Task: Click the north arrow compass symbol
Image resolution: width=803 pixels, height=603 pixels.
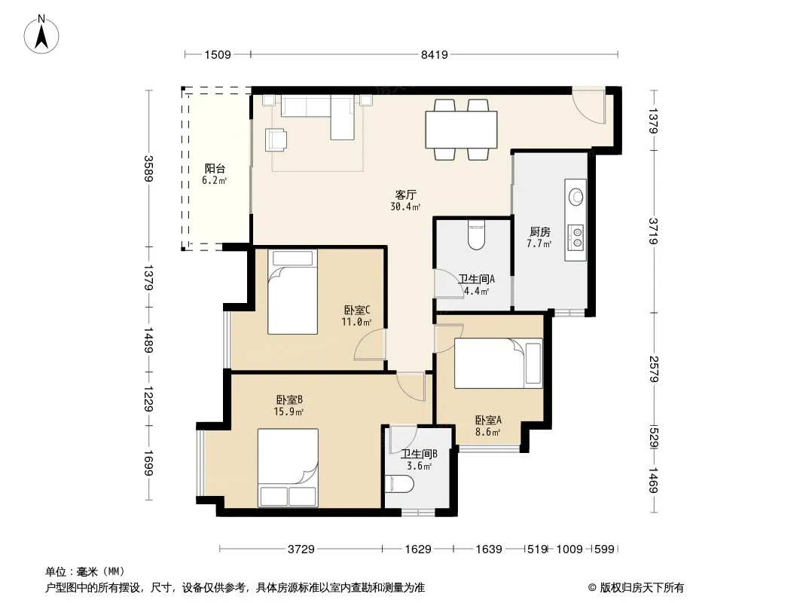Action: (41, 35)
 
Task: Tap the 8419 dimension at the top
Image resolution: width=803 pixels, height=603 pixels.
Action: (435, 54)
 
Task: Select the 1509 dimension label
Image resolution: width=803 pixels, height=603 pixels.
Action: (218, 54)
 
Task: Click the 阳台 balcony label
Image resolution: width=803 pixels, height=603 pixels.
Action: (215, 169)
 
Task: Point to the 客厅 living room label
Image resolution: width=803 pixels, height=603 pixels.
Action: (405, 194)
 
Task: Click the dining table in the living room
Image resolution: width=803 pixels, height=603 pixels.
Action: (461, 130)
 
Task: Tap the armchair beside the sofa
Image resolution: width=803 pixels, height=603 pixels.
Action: (276, 140)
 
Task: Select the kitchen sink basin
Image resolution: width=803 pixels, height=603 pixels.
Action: (576, 197)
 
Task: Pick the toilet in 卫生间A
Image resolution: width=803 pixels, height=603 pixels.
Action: (476, 235)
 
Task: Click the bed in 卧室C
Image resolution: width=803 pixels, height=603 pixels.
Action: (292, 292)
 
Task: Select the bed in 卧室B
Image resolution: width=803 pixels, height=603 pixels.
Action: (288, 468)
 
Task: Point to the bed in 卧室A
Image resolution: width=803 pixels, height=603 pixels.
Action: (498, 363)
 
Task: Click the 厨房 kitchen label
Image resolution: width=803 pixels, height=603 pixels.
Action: (540, 232)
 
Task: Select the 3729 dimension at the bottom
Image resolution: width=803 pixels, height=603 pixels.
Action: (301, 549)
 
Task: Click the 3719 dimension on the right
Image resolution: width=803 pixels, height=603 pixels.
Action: (653, 231)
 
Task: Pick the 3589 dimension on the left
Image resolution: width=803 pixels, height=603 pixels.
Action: (148, 169)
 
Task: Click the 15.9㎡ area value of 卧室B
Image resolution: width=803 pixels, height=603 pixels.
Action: (289, 412)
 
